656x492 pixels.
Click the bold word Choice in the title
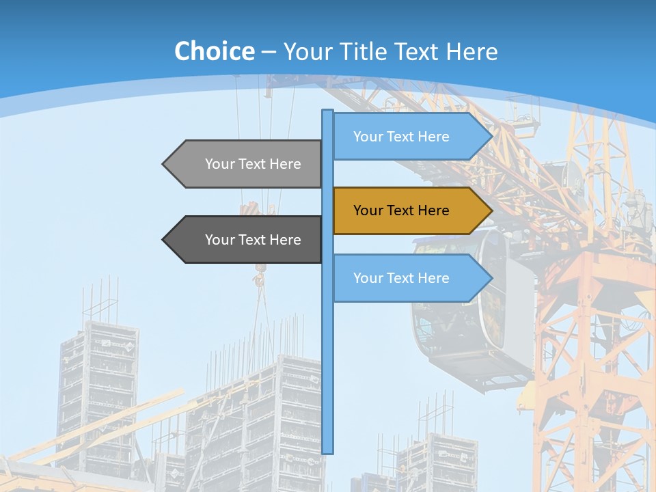214,51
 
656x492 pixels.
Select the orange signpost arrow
410,210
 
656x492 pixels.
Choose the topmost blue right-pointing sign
410,136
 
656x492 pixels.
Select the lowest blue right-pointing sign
410,277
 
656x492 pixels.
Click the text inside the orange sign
401,210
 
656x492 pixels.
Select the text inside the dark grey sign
253,240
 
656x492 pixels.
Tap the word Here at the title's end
471,52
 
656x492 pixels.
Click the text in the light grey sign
253,164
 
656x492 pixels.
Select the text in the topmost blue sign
401,137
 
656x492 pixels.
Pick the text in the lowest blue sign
401,278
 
